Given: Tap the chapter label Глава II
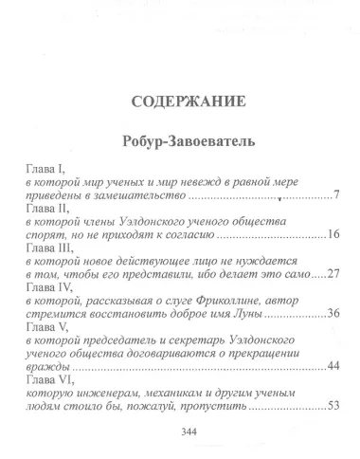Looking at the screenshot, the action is click(x=43, y=208).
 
